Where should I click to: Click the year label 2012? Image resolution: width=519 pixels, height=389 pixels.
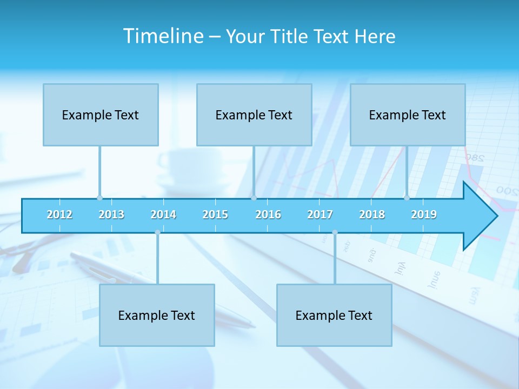click(59, 214)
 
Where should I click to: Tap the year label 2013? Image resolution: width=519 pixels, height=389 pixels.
click(111, 214)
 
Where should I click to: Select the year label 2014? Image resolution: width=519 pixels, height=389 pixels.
click(163, 214)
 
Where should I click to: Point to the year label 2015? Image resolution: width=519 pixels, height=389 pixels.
click(215, 214)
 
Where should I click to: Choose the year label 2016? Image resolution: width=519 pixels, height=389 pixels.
click(268, 214)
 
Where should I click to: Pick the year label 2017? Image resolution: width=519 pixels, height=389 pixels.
click(320, 214)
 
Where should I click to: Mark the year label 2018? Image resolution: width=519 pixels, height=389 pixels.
click(372, 214)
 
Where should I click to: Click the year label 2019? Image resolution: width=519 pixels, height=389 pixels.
click(424, 214)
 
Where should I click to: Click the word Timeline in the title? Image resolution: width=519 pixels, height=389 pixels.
click(163, 36)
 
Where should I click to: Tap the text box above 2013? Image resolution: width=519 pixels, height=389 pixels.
click(101, 115)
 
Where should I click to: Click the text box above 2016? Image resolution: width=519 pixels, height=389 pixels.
click(254, 115)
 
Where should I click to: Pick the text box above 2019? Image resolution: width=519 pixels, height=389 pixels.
click(408, 115)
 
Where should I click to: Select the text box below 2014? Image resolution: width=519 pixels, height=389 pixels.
click(157, 315)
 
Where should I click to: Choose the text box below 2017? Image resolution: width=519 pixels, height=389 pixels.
click(334, 315)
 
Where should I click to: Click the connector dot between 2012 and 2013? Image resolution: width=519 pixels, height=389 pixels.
click(99, 198)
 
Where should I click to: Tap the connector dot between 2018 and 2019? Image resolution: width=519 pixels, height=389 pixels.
click(407, 198)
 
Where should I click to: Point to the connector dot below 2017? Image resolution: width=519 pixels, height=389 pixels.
click(335, 232)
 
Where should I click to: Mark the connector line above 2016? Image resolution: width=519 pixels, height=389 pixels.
click(254, 170)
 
